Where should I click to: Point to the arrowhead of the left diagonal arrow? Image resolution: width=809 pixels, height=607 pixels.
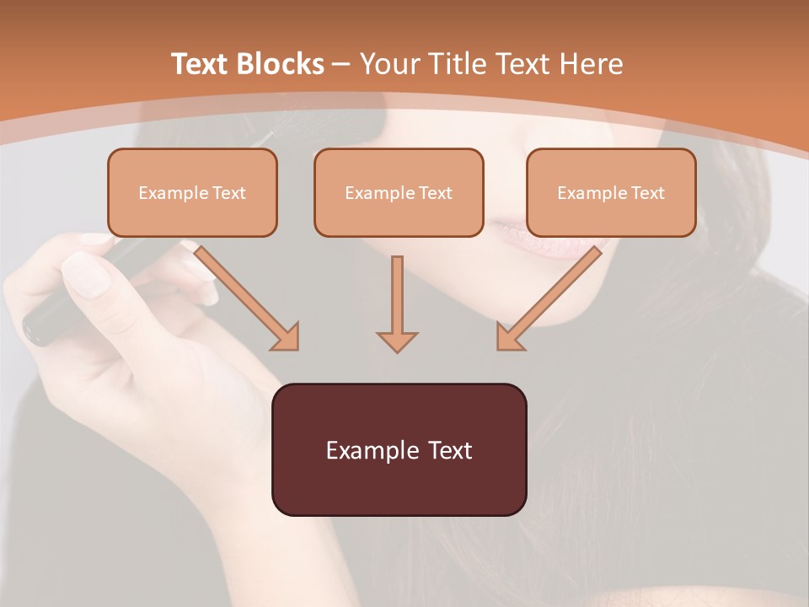(287, 337)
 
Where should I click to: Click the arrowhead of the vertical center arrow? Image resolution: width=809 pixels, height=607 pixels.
(397, 341)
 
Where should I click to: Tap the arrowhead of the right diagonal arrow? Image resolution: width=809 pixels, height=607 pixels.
(508, 337)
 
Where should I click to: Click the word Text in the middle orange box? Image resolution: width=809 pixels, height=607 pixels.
(435, 193)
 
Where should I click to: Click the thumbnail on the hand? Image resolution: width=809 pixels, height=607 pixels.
(87, 274)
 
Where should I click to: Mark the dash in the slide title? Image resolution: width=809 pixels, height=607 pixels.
(341, 65)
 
